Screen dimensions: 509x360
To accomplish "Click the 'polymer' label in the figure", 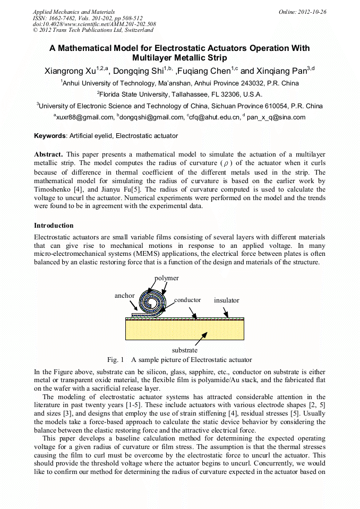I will point(167,278).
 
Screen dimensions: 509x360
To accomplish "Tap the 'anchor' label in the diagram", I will point(125,296).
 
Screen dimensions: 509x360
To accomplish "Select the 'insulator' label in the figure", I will point(227,300).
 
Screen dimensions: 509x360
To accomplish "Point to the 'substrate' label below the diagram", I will point(185,350).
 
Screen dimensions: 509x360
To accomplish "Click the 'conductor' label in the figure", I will point(187,300).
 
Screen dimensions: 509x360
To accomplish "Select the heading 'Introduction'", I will point(54,226).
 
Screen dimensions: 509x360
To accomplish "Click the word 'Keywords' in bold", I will point(49,136).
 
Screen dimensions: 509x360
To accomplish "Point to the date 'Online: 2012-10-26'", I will point(302,11).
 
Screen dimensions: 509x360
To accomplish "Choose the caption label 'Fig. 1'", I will point(115,360).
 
